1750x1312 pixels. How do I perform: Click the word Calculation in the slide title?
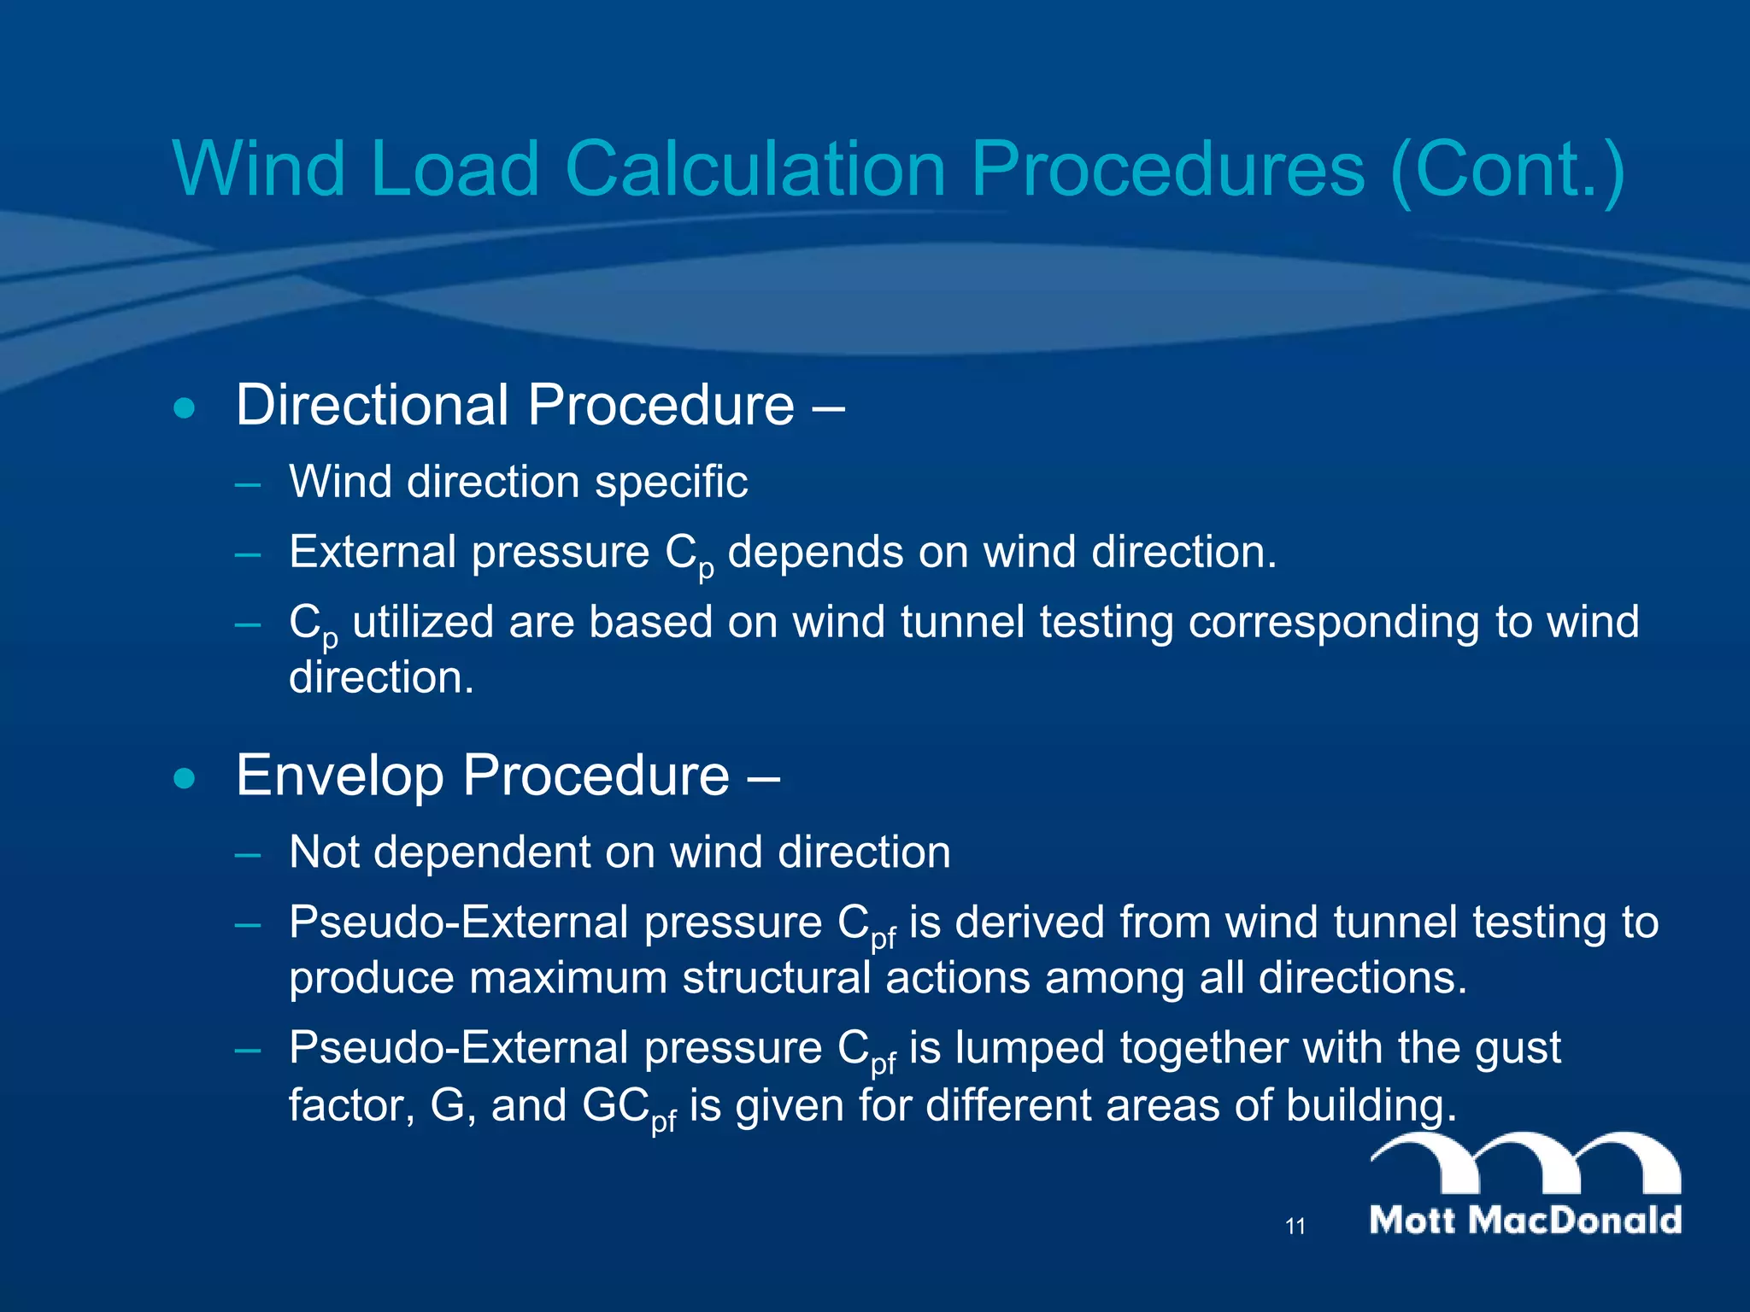coord(755,168)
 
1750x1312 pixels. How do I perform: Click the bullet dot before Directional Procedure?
coord(184,408)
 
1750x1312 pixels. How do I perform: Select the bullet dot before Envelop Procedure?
coord(184,778)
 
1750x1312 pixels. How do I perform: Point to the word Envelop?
coord(339,776)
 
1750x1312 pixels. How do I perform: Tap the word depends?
coord(815,552)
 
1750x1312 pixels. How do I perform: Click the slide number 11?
coord(1295,1227)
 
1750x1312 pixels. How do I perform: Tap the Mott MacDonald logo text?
coord(1525,1220)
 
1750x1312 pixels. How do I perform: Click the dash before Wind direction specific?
coord(248,484)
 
